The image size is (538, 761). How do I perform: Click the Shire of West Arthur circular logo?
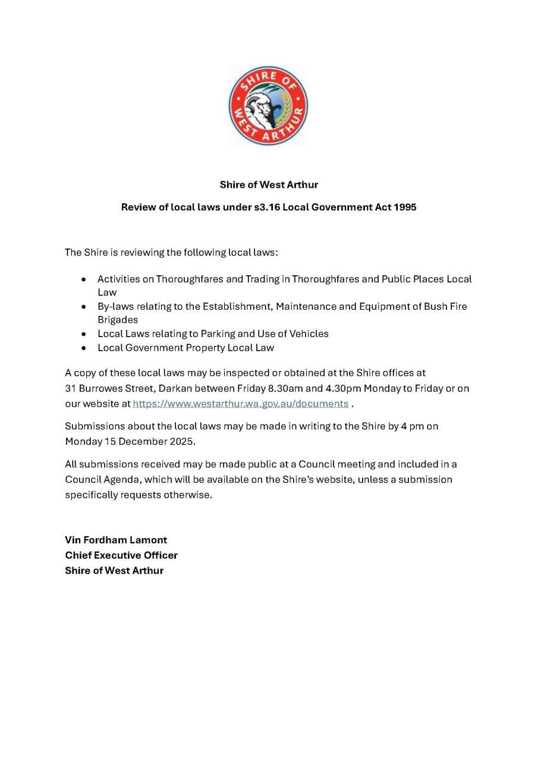point(268,106)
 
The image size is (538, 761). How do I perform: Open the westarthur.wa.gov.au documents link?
point(240,404)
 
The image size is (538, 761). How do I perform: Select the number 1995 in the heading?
point(405,207)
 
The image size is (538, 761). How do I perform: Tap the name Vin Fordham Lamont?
point(116,540)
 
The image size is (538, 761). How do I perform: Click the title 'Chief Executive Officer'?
point(121,555)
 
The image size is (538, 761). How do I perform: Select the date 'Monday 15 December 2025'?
point(130,442)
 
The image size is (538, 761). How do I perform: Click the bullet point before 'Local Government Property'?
point(84,348)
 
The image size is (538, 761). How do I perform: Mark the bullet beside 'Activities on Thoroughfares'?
point(84,279)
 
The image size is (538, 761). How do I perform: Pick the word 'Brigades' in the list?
point(118,320)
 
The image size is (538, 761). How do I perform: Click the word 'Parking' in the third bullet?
point(218,334)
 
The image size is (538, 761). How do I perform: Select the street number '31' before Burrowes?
point(70,389)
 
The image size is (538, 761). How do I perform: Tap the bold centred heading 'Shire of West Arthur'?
point(269,184)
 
